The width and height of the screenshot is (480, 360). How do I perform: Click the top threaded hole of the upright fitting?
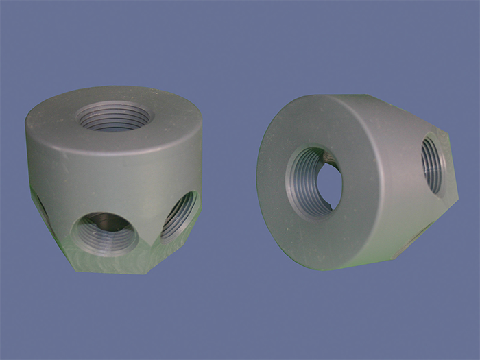112,117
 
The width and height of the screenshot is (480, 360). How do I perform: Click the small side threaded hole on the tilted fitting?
433,165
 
